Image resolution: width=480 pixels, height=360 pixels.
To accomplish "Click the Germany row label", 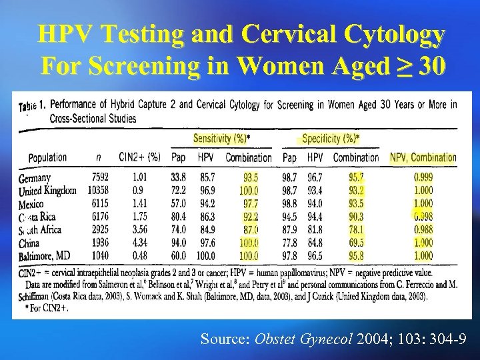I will [35, 178].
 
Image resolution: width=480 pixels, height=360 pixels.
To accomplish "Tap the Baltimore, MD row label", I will [45, 256].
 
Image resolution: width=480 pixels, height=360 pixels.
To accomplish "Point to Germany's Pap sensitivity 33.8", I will [179, 178].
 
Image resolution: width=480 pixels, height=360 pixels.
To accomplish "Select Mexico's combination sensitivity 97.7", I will [251, 203].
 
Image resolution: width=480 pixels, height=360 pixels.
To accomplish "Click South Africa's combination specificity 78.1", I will [356, 230].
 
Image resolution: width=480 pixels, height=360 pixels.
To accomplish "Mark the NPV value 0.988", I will [423, 230].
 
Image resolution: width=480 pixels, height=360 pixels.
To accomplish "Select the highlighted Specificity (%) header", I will [331, 139].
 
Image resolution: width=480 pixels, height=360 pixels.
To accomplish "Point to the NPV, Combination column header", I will [423, 158].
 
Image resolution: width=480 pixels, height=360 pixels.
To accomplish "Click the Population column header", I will [47, 158].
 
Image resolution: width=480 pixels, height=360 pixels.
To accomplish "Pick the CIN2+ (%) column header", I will [139, 158].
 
